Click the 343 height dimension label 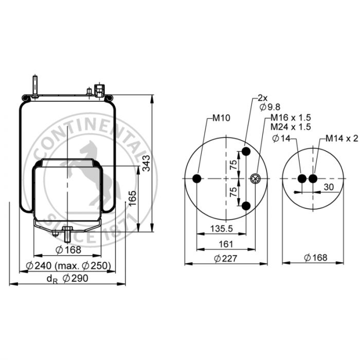coord(146,163)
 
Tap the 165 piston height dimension coord(132,199)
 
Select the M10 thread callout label coord(221,118)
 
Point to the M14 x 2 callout coord(341,138)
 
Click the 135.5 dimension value coord(222,229)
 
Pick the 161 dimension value coord(226,244)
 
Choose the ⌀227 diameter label coord(226,259)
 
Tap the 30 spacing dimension coord(329,187)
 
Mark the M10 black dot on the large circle coord(197,178)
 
